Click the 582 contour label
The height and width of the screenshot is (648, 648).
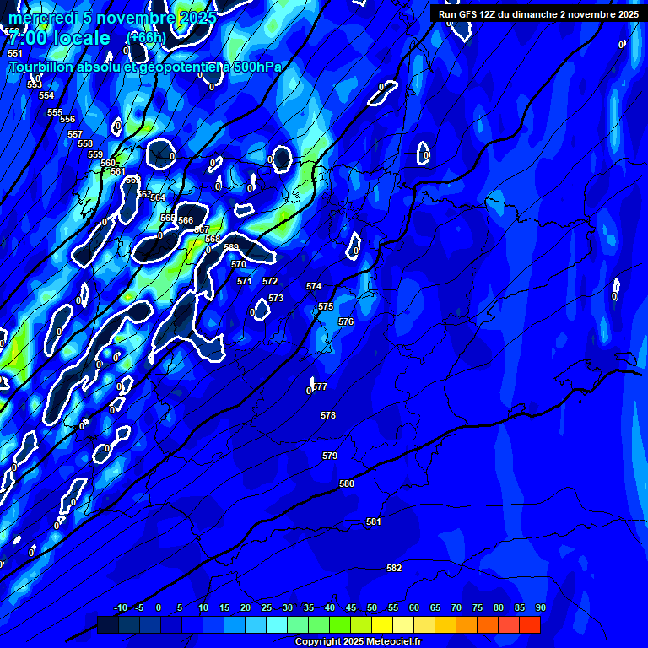pos(394,568)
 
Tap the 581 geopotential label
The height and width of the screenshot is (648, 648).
pos(374,522)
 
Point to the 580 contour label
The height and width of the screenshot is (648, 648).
pos(347,483)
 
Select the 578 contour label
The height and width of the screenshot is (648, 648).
pos(328,415)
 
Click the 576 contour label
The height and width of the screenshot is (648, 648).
pos(346,321)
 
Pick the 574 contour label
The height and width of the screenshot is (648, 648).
pos(314,286)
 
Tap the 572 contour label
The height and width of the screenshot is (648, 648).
pos(270,281)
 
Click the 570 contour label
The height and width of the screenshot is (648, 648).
pos(239,264)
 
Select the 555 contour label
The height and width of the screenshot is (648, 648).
pos(55,112)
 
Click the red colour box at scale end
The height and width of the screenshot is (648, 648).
pos(529,625)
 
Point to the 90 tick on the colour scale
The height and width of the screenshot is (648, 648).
pos(540,607)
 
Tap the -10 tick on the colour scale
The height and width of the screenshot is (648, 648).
pos(120,607)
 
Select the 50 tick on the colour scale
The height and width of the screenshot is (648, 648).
pos(372,607)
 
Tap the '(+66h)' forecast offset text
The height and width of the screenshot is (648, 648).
pos(147,37)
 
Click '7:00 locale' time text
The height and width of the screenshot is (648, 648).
pos(59,38)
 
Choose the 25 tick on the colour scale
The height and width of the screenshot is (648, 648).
pos(267,607)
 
